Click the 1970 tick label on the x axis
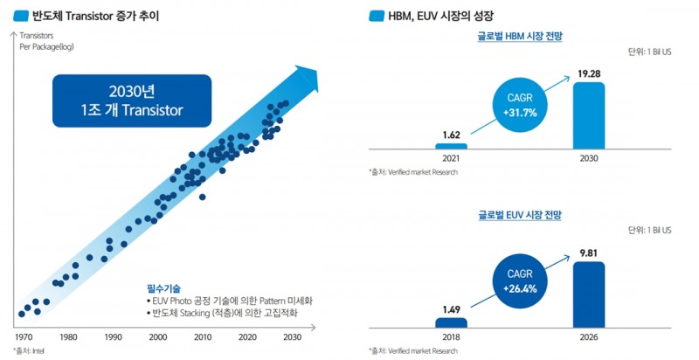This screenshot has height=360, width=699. [x=24, y=336]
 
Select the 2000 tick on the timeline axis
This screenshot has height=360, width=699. [x=158, y=336]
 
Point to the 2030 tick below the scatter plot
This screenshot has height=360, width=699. [x=292, y=336]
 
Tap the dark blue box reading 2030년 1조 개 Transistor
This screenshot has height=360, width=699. [x=131, y=100]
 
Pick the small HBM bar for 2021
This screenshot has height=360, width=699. [x=452, y=146]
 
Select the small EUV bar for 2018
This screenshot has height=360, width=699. [x=452, y=322]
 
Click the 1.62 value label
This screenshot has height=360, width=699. [x=452, y=135]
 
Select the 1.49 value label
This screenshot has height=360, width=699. [x=452, y=308]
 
